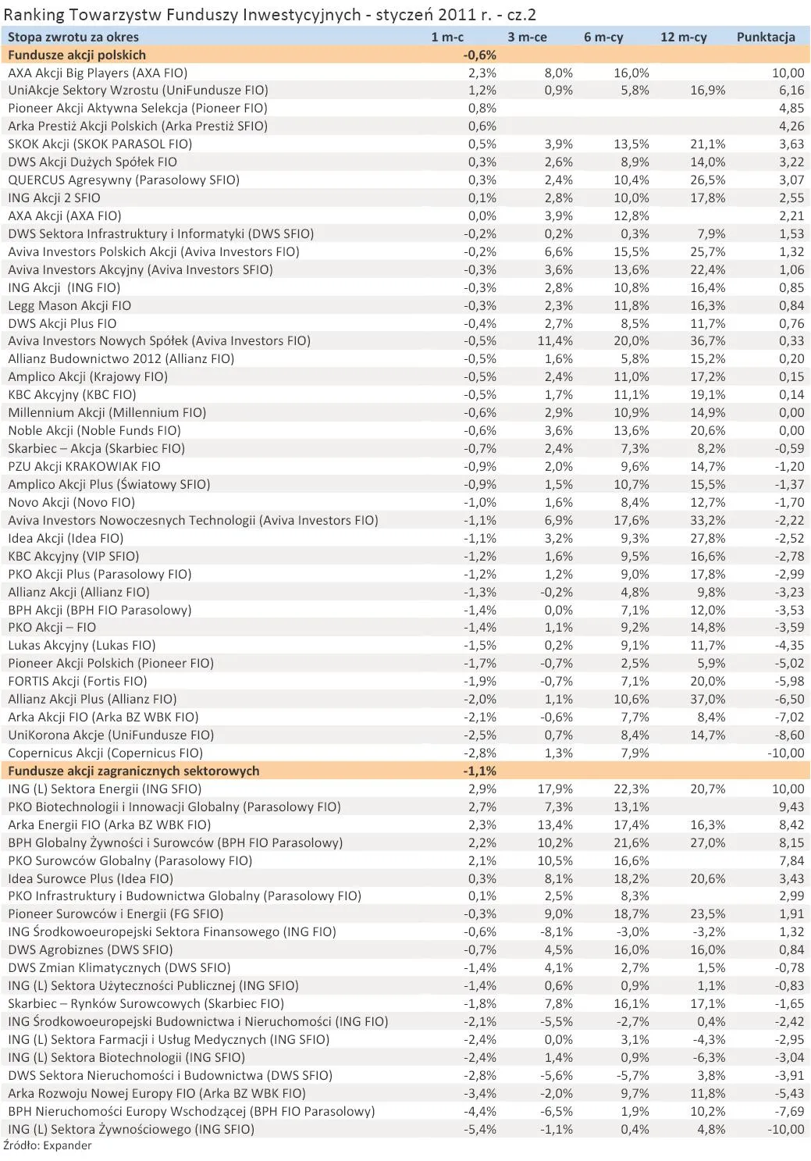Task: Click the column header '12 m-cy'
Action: click(683, 37)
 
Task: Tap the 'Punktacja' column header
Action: click(765, 37)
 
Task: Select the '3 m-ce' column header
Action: click(527, 37)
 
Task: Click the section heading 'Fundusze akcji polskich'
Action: click(76, 55)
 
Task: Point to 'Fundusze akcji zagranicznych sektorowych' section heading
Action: click(133, 771)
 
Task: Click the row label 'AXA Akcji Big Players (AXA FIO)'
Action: click(98, 73)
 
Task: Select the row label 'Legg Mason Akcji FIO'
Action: click(69, 305)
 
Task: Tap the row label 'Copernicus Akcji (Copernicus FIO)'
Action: click(105, 753)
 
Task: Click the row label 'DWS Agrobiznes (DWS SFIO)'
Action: click(91, 949)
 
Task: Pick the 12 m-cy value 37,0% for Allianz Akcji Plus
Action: click(707, 699)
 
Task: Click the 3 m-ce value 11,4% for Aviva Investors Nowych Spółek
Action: click(555, 340)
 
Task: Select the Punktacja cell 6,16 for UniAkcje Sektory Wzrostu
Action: click(791, 91)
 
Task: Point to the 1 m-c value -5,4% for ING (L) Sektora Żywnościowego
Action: click(480, 1129)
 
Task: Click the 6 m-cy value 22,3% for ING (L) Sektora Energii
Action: click(631, 789)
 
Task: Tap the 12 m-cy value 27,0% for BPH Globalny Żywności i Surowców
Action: click(707, 842)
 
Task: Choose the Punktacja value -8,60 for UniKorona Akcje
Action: click(789, 735)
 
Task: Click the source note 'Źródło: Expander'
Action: click(48, 1145)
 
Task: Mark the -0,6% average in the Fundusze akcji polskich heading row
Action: click(480, 55)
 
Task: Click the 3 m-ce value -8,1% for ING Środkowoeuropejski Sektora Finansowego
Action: click(557, 931)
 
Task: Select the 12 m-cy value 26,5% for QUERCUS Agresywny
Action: click(707, 180)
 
